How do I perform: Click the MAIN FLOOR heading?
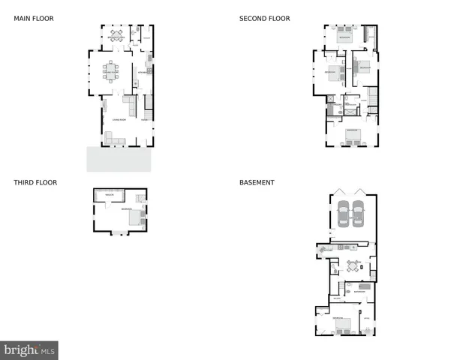(34, 18)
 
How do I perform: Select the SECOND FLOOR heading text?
(264, 18)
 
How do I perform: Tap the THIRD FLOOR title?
(35, 182)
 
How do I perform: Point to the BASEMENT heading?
(257, 182)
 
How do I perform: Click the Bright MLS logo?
(29, 350)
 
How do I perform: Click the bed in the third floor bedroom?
(136, 217)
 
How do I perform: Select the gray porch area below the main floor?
(119, 159)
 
